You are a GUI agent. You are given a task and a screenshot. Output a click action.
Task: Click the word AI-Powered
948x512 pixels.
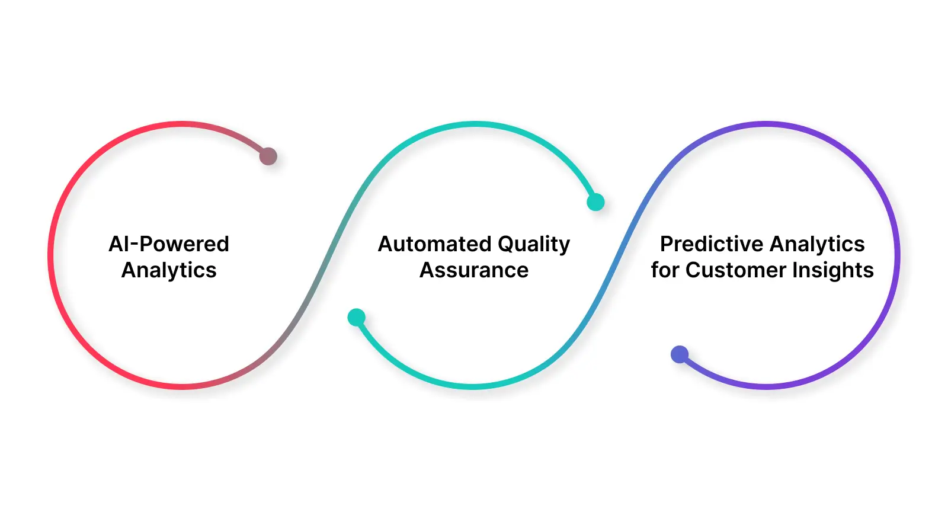coord(169,244)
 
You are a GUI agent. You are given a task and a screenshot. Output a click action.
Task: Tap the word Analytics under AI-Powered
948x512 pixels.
coord(169,270)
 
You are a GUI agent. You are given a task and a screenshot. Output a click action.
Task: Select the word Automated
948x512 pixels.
coord(434,244)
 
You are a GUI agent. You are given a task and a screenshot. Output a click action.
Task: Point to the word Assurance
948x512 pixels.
coord(474,270)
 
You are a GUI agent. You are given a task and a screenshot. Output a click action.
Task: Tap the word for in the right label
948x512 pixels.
coord(664,270)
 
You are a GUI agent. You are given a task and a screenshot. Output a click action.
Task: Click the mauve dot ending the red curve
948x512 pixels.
coord(268,156)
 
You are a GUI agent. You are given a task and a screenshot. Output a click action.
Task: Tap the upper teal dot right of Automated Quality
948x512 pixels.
coord(595,202)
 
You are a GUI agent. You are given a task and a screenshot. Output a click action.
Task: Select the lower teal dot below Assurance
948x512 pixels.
coord(356,318)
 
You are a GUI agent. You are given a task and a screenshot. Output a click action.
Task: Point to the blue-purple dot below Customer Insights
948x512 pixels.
coord(680,354)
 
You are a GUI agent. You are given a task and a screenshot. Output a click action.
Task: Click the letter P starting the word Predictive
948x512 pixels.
coord(667,244)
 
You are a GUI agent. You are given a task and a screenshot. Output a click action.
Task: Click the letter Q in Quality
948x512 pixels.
coord(505,245)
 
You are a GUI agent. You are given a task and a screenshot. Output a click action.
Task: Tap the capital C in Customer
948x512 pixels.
coord(693,270)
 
